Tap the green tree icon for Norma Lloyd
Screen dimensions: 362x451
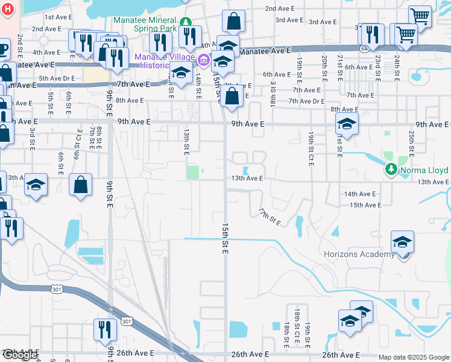[x=391, y=168]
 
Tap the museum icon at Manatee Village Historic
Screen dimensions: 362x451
[x=204, y=59]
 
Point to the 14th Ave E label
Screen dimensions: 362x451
[x=360, y=194]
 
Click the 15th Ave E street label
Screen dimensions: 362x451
[x=365, y=205]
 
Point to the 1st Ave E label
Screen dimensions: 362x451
[x=58, y=17]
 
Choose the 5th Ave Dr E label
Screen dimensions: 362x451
[x=57, y=78]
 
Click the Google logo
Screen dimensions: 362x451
[x=20, y=354]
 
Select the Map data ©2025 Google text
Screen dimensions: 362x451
[x=413, y=357]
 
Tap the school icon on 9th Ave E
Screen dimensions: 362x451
[x=347, y=124]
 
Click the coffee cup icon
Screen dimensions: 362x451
[x=4, y=48]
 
